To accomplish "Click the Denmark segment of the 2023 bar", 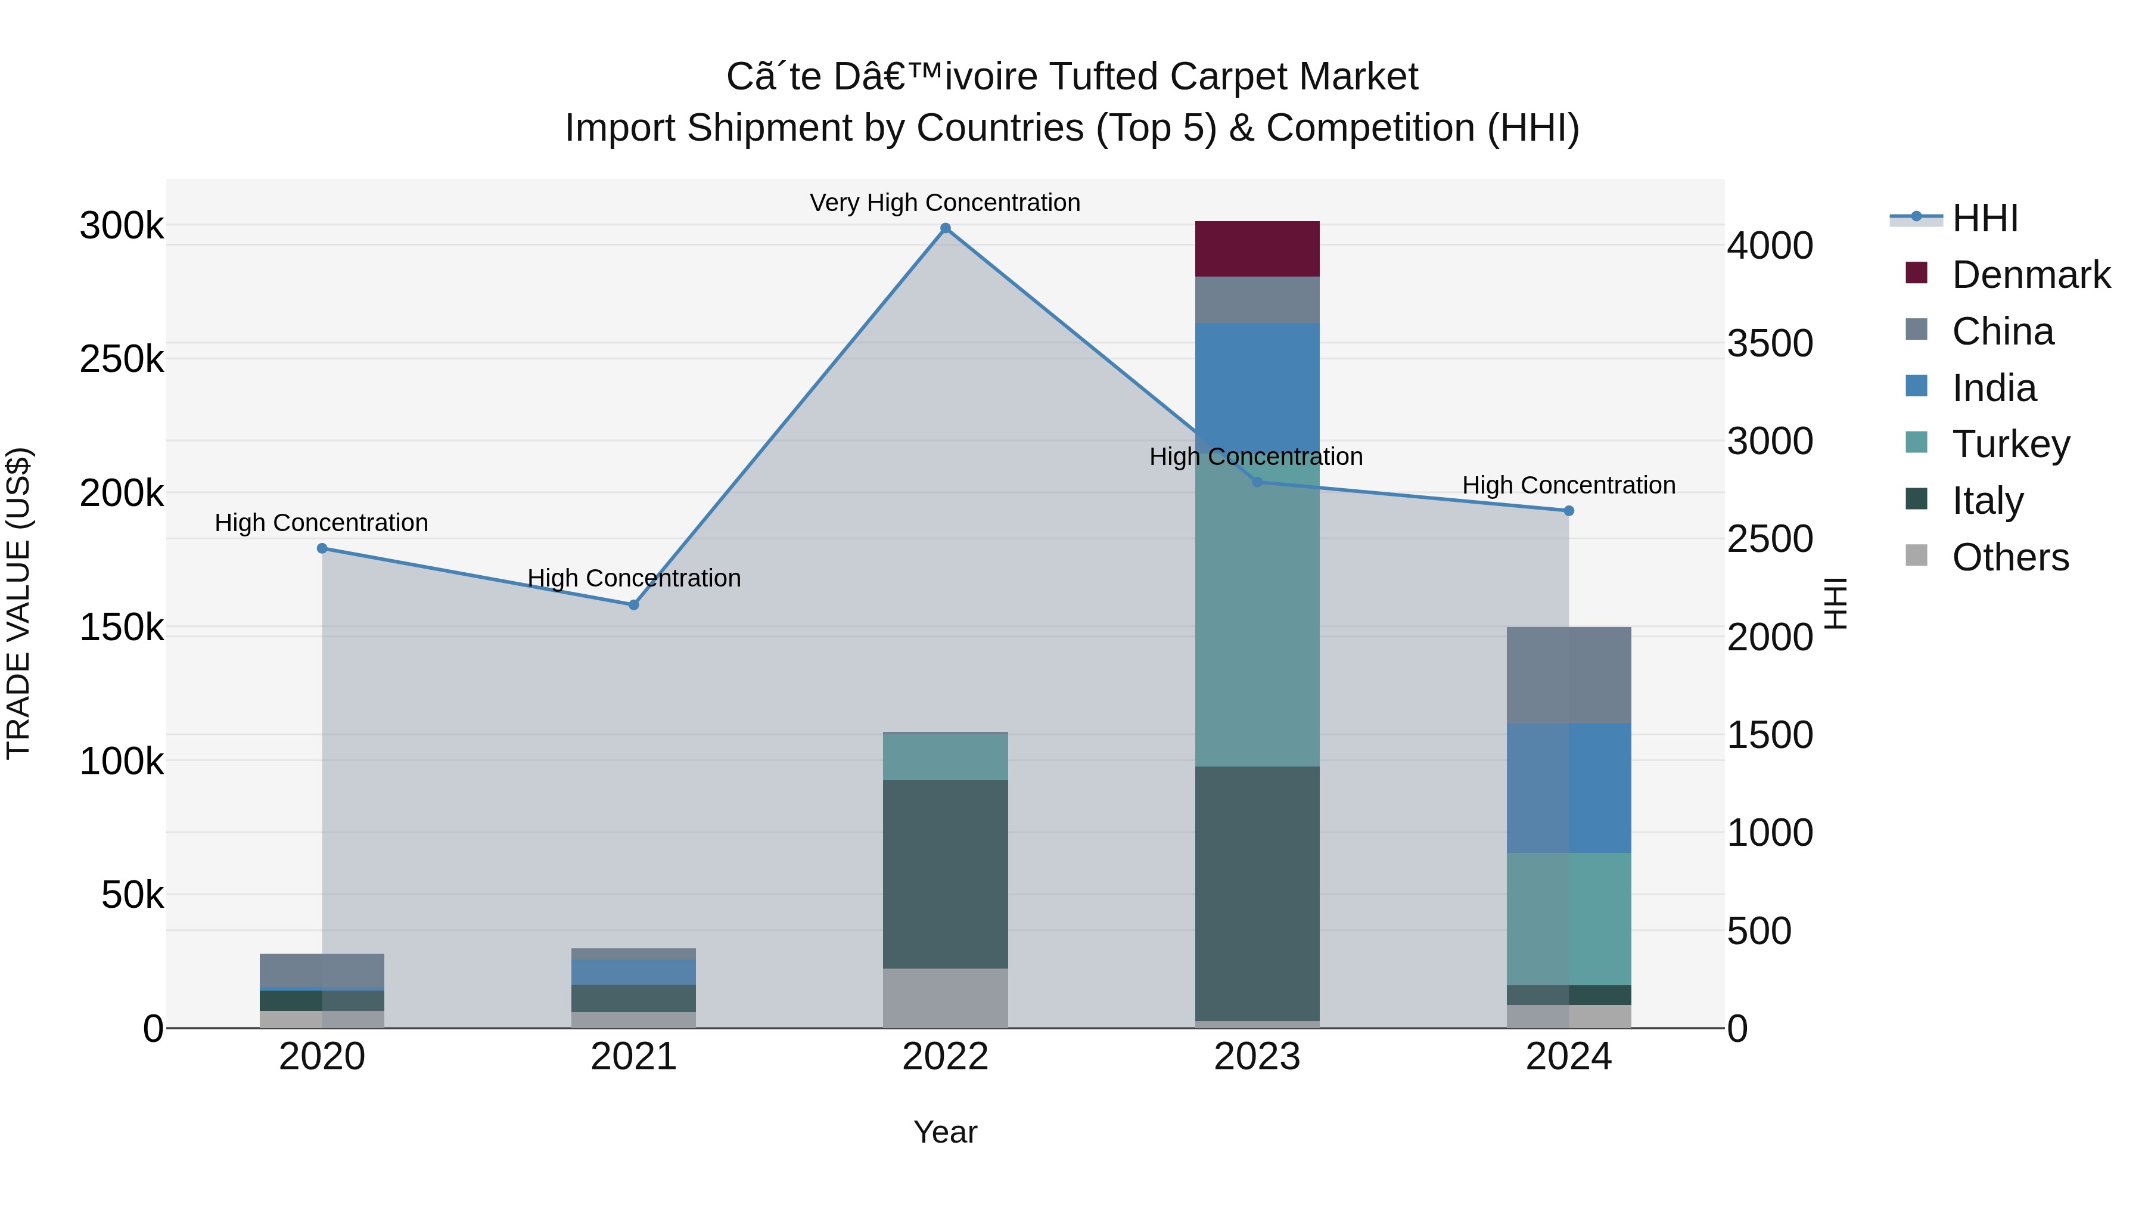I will [1257, 248].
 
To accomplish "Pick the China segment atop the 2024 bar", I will [1568, 675].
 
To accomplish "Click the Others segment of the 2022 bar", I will [945, 997].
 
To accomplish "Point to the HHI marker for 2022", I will [945, 228].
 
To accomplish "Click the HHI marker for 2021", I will [634, 605].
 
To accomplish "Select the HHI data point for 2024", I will [1569, 511].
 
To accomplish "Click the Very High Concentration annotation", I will [945, 203].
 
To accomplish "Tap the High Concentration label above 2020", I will [321, 522].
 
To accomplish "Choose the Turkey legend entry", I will [2010, 444].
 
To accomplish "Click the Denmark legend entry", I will [2030, 275].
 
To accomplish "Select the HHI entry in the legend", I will [1984, 218].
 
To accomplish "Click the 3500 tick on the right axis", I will [1770, 343].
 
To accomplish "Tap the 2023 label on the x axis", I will [1257, 1057].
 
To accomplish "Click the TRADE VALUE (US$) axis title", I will [18, 603].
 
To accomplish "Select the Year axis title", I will [945, 1132].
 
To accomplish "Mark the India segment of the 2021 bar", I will [634, 972].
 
